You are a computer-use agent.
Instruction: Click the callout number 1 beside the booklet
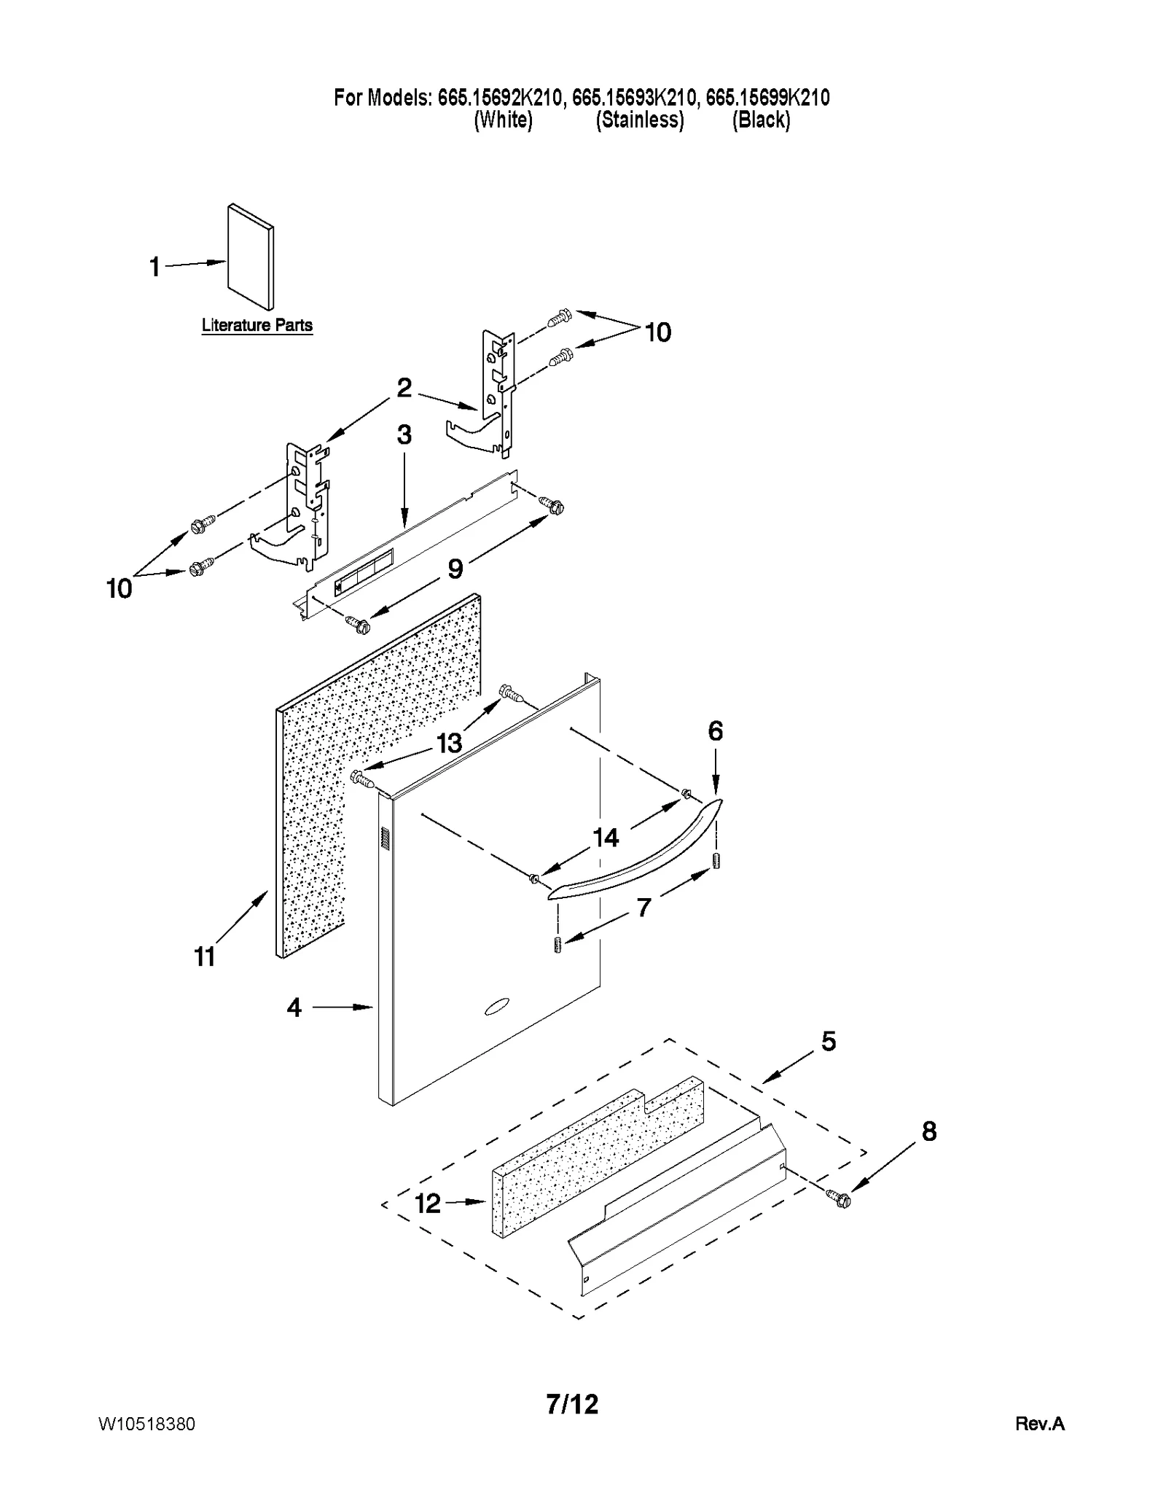pyautogui.click(x=154, y=267)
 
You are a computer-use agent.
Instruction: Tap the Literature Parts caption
pyautogui.click(x=257, y=325)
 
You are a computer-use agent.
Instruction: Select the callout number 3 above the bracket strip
pyautogui.click(x=404, y=434)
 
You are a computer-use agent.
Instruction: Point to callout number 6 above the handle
pyautogui.click(x=715, y=730)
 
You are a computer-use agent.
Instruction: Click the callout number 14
pyautogui.click(x=606, y=838)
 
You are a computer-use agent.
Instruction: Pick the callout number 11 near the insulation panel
pyautogui.click(x=205, y=956)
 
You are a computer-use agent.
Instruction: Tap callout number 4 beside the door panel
pyautogui.click(x=294, y=1007)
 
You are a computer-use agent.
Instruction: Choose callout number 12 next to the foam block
pyautogui.click(x=428, y=1203)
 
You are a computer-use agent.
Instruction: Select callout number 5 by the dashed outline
pyautogui.click(x=829, y=1041)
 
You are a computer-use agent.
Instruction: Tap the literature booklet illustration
pyautogui.click(x=250, y=257)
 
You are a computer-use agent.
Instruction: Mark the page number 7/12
pyautogui.click(x=573, y=1403)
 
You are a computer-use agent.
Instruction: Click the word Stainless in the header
pyautogui.click(x=640, y=120)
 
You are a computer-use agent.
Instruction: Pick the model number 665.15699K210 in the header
pyautogui.click(x=767, y=98)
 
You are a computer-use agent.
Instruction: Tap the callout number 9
pyautogui.click(x=455, y=568)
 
